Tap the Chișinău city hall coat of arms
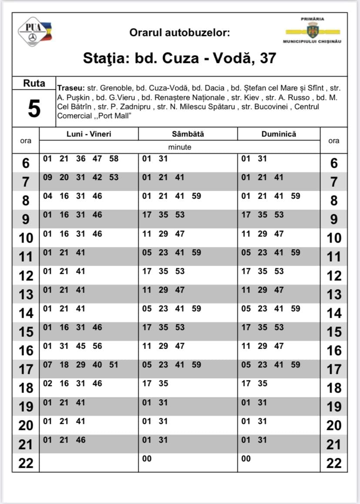coord(312,31)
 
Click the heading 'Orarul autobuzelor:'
coord(180,33)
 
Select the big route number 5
coord(34,109)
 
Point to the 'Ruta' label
coord(34,83)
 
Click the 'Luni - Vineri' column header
coord(89,134)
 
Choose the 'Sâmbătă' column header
coord(188,134)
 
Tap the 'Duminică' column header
coord(279,134)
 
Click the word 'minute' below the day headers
coord(180,147)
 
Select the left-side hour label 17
coord(26,370)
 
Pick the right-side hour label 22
coord(334,464)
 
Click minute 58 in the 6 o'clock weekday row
coord(114,159)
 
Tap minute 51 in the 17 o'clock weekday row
coord(113,365)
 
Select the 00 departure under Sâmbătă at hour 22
coord(147,458)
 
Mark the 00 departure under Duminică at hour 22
coord(246,458)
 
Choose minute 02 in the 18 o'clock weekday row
coord(47,384)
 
